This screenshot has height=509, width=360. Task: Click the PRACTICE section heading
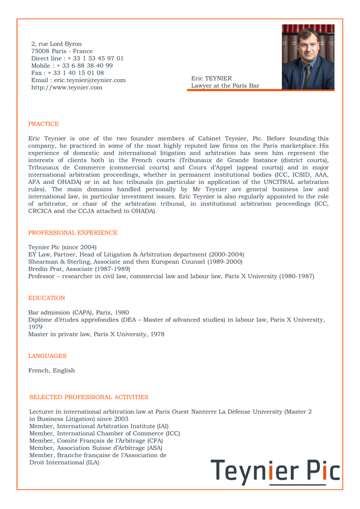coord(43,124)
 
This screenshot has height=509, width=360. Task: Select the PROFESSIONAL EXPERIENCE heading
coord(73,233)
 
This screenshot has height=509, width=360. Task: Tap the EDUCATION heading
coord(47,298)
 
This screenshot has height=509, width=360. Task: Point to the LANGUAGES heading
coord(47,356)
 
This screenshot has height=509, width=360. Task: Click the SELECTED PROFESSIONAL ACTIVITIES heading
coord(89,397)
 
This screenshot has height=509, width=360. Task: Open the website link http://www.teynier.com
coord(67,87)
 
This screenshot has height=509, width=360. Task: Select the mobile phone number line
coord(72,66)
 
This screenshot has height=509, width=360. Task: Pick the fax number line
coord(68,73)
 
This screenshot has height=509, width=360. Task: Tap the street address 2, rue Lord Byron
coord(56,44)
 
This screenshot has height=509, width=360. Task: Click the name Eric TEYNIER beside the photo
coord(211,79)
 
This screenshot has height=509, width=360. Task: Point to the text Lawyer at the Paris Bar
coord(225,86)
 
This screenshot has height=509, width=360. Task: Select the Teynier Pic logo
coord(275,473)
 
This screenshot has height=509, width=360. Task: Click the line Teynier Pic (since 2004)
coord(63,247)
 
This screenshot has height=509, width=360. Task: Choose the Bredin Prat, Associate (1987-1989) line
coord(80,269)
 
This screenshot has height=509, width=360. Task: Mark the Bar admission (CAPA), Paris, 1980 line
coord(79,313)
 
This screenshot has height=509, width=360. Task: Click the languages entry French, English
coord(52,370)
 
